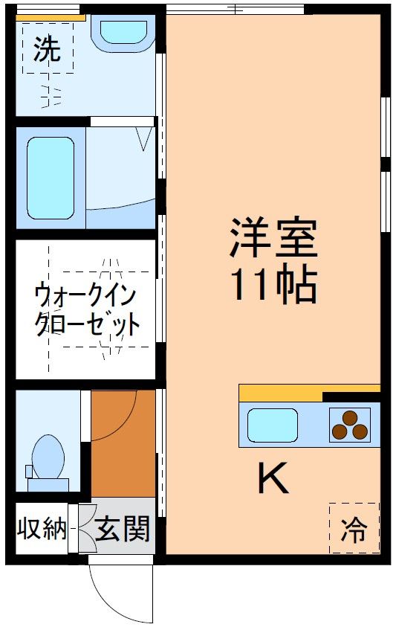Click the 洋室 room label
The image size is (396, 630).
click(x=273, y=237)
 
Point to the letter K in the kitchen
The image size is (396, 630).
click(x=273, y=478)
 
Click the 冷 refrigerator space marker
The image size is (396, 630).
click(x=354, y=529)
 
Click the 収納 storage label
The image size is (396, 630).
click(x=42, y=530)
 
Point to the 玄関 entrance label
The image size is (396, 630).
click(x=123, y=530)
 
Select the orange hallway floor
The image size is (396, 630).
click(x=123, y=446)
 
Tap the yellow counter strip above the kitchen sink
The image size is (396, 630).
click(x=280, y=393)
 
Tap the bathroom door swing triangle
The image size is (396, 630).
click(x=145, y=138)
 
